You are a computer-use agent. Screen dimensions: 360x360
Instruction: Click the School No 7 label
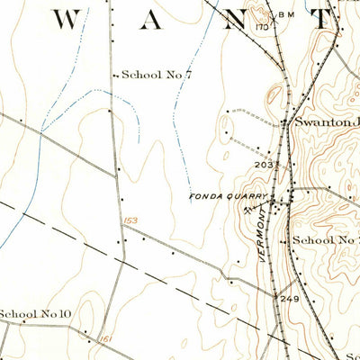pos(157,76)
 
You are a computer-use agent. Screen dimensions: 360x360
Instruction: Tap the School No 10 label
pos(35,313)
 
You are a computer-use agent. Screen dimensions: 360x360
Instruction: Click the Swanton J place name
pos(322,123)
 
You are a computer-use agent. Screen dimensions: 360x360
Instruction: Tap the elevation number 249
pos(289,298)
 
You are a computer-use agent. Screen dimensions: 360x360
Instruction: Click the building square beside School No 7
pos(115,76)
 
